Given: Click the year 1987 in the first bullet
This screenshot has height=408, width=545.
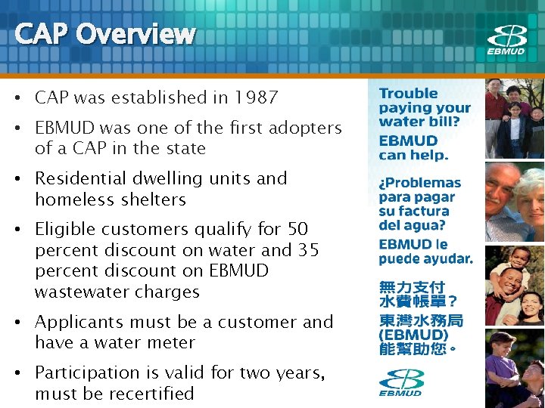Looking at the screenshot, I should tap(256, 97).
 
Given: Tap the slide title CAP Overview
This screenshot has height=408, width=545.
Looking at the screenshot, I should tap(104, 34).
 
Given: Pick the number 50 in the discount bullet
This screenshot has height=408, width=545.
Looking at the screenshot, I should tap(297, 229).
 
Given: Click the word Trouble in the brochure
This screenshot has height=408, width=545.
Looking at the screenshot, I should tap(409, 94).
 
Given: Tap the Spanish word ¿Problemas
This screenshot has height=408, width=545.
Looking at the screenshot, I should tap(420, 183).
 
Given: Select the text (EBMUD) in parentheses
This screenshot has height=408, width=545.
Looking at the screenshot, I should tap(413, 335).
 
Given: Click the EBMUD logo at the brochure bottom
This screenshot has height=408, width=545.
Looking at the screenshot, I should tap(401, 382).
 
